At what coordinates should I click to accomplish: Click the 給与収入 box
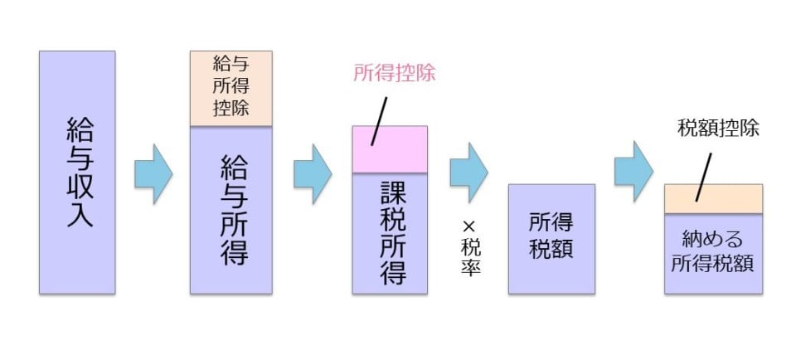click(x=77, y=172)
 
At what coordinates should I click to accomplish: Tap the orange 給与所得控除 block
click(x=231, y=88)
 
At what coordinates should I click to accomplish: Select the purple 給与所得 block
click(x=231, y=209)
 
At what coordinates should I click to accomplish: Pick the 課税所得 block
click(x=390, y=233)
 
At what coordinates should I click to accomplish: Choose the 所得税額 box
click(x=551, y=238)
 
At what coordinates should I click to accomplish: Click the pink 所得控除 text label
click(x=395, y=73)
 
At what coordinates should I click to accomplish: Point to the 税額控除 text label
click(x=718, y=129)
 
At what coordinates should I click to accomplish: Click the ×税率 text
click(x=470, y=249)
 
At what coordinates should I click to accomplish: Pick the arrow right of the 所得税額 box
click(x=633, y=173)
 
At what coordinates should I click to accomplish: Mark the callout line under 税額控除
click(x=703, y=176)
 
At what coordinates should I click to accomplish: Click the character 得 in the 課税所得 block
click(x=390, y=271)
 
